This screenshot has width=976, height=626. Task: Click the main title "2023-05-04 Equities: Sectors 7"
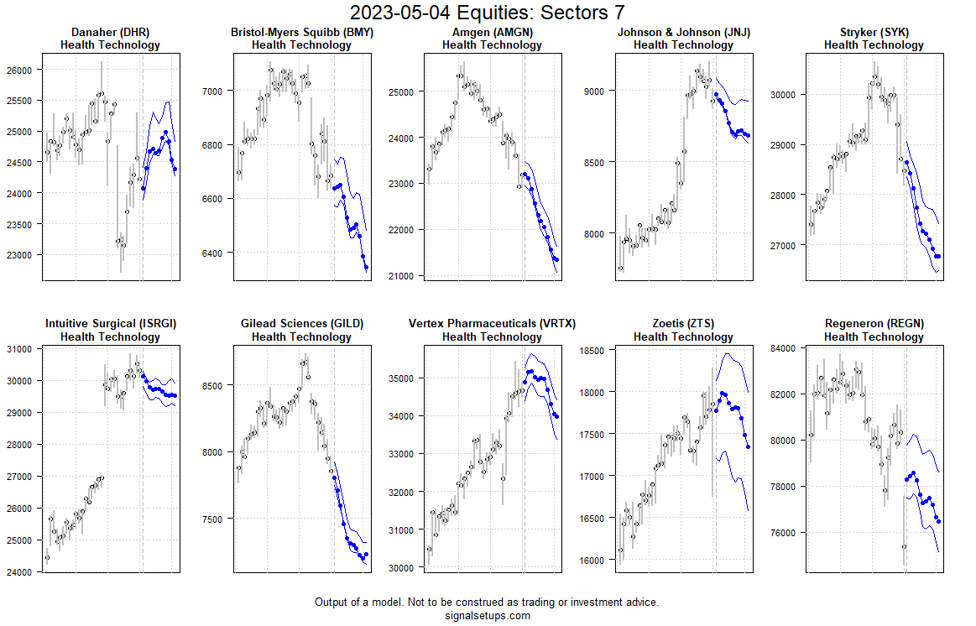(x=487, y=13)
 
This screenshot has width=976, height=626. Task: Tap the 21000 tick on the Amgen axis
(x=406, y=276)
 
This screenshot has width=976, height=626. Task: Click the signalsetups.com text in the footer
(x=487, y=615)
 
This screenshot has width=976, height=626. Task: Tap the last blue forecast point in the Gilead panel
(x=366, y=555)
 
